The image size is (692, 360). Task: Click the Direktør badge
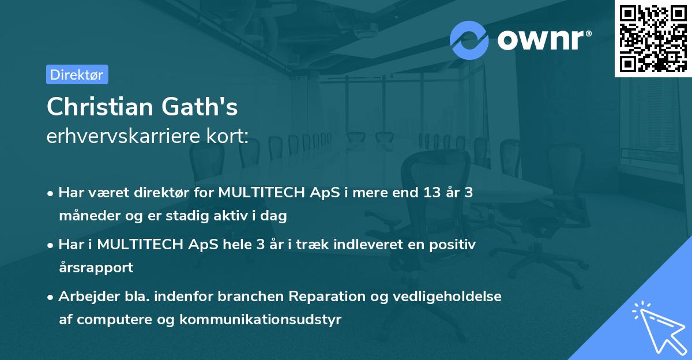[77, 74]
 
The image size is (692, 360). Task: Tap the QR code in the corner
[653, 38]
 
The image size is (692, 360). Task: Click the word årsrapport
[96, 267]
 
